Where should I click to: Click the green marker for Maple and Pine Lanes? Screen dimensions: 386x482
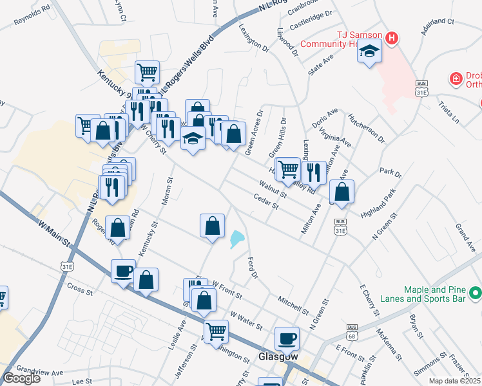point(476,293)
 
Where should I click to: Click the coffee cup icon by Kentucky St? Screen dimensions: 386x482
point(122,270)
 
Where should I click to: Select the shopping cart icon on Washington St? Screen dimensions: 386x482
point(216,331)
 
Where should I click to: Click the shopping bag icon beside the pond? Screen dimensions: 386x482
point(212,226)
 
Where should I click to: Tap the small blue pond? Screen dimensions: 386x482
point(236,240)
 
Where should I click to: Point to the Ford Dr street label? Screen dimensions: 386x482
point(253,268)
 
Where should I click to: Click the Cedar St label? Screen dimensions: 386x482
point(265,203)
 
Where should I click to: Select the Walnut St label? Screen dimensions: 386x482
point(273,189)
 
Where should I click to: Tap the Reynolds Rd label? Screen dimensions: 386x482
point(32,18)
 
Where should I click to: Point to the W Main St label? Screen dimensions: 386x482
point(53,234)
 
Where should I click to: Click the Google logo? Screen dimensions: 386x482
point(21,378)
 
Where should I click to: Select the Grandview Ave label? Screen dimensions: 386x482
point(40,372)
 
